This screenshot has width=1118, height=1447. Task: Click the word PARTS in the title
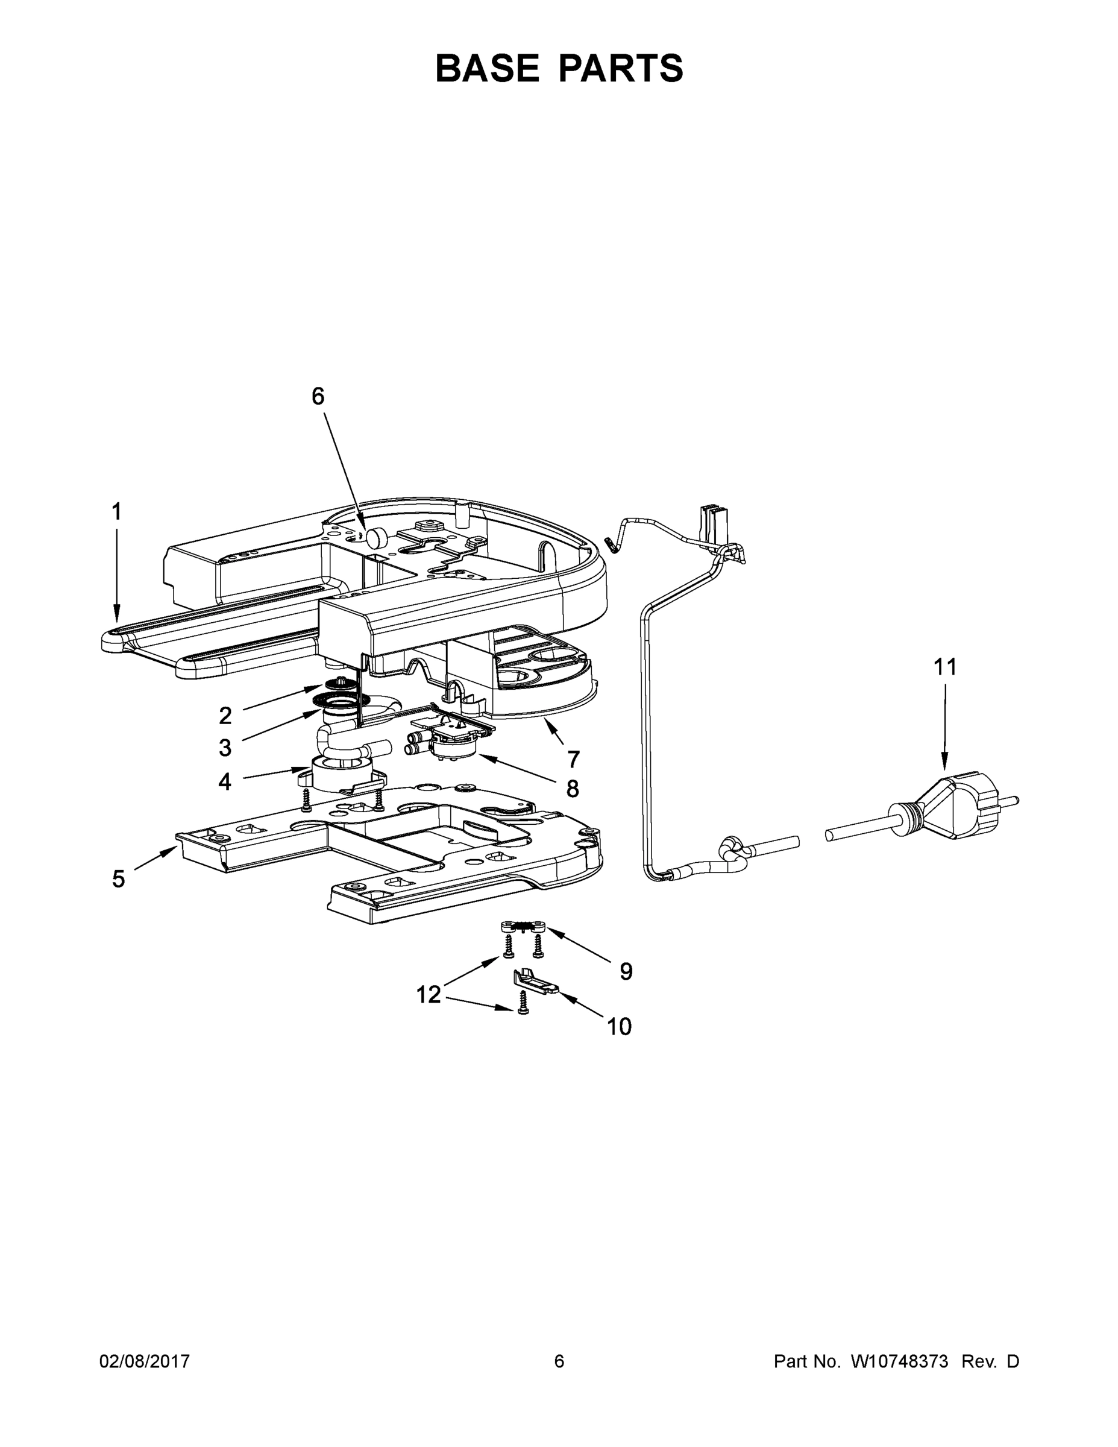tap(621, 68)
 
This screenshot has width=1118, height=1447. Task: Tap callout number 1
tap(116, 511)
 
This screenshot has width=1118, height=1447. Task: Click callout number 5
tap(118, 879)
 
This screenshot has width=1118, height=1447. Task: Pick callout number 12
tap(428, 994)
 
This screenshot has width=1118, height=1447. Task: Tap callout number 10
tap(620, 1026)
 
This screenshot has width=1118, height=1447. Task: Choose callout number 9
tap(626, 971)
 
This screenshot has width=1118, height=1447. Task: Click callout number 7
tap(574, 759)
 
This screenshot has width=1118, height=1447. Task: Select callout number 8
tap(572, 789)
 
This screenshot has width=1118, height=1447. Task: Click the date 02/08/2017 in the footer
tap(145, 1361)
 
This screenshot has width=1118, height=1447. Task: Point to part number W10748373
tap(899, 1361)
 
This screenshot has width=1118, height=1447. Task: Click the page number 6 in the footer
tap(559, 1361)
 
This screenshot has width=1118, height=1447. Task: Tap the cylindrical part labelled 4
tap(341, 775)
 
